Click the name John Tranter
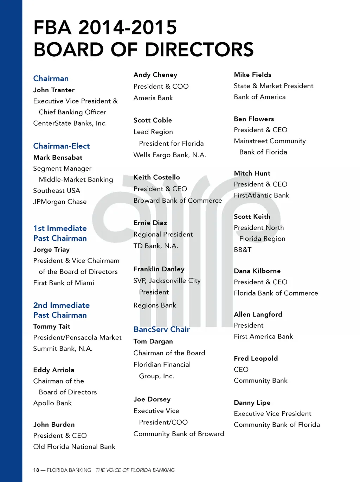click(54, 90)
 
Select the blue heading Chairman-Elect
click(62, 146)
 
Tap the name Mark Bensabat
click(58, 158)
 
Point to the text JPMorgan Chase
click(60, 202)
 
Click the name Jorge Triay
click(51, 250)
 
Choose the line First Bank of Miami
click(64, 283)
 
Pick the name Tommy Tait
click(52, 326)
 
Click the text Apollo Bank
click(52, 403)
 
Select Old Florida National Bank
click(74, 447)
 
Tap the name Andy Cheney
click(155, 75)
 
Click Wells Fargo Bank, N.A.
click(170, 155)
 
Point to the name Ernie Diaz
click(150, 223)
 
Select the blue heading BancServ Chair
click(162, 330)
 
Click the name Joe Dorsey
click(152, 399)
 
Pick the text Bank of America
click(260, 97)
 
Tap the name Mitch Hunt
click(252, 173)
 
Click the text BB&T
click(243, 250)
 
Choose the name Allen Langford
click(258, 315)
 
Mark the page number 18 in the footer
click(36, 470)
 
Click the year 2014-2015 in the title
click(128, 28)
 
